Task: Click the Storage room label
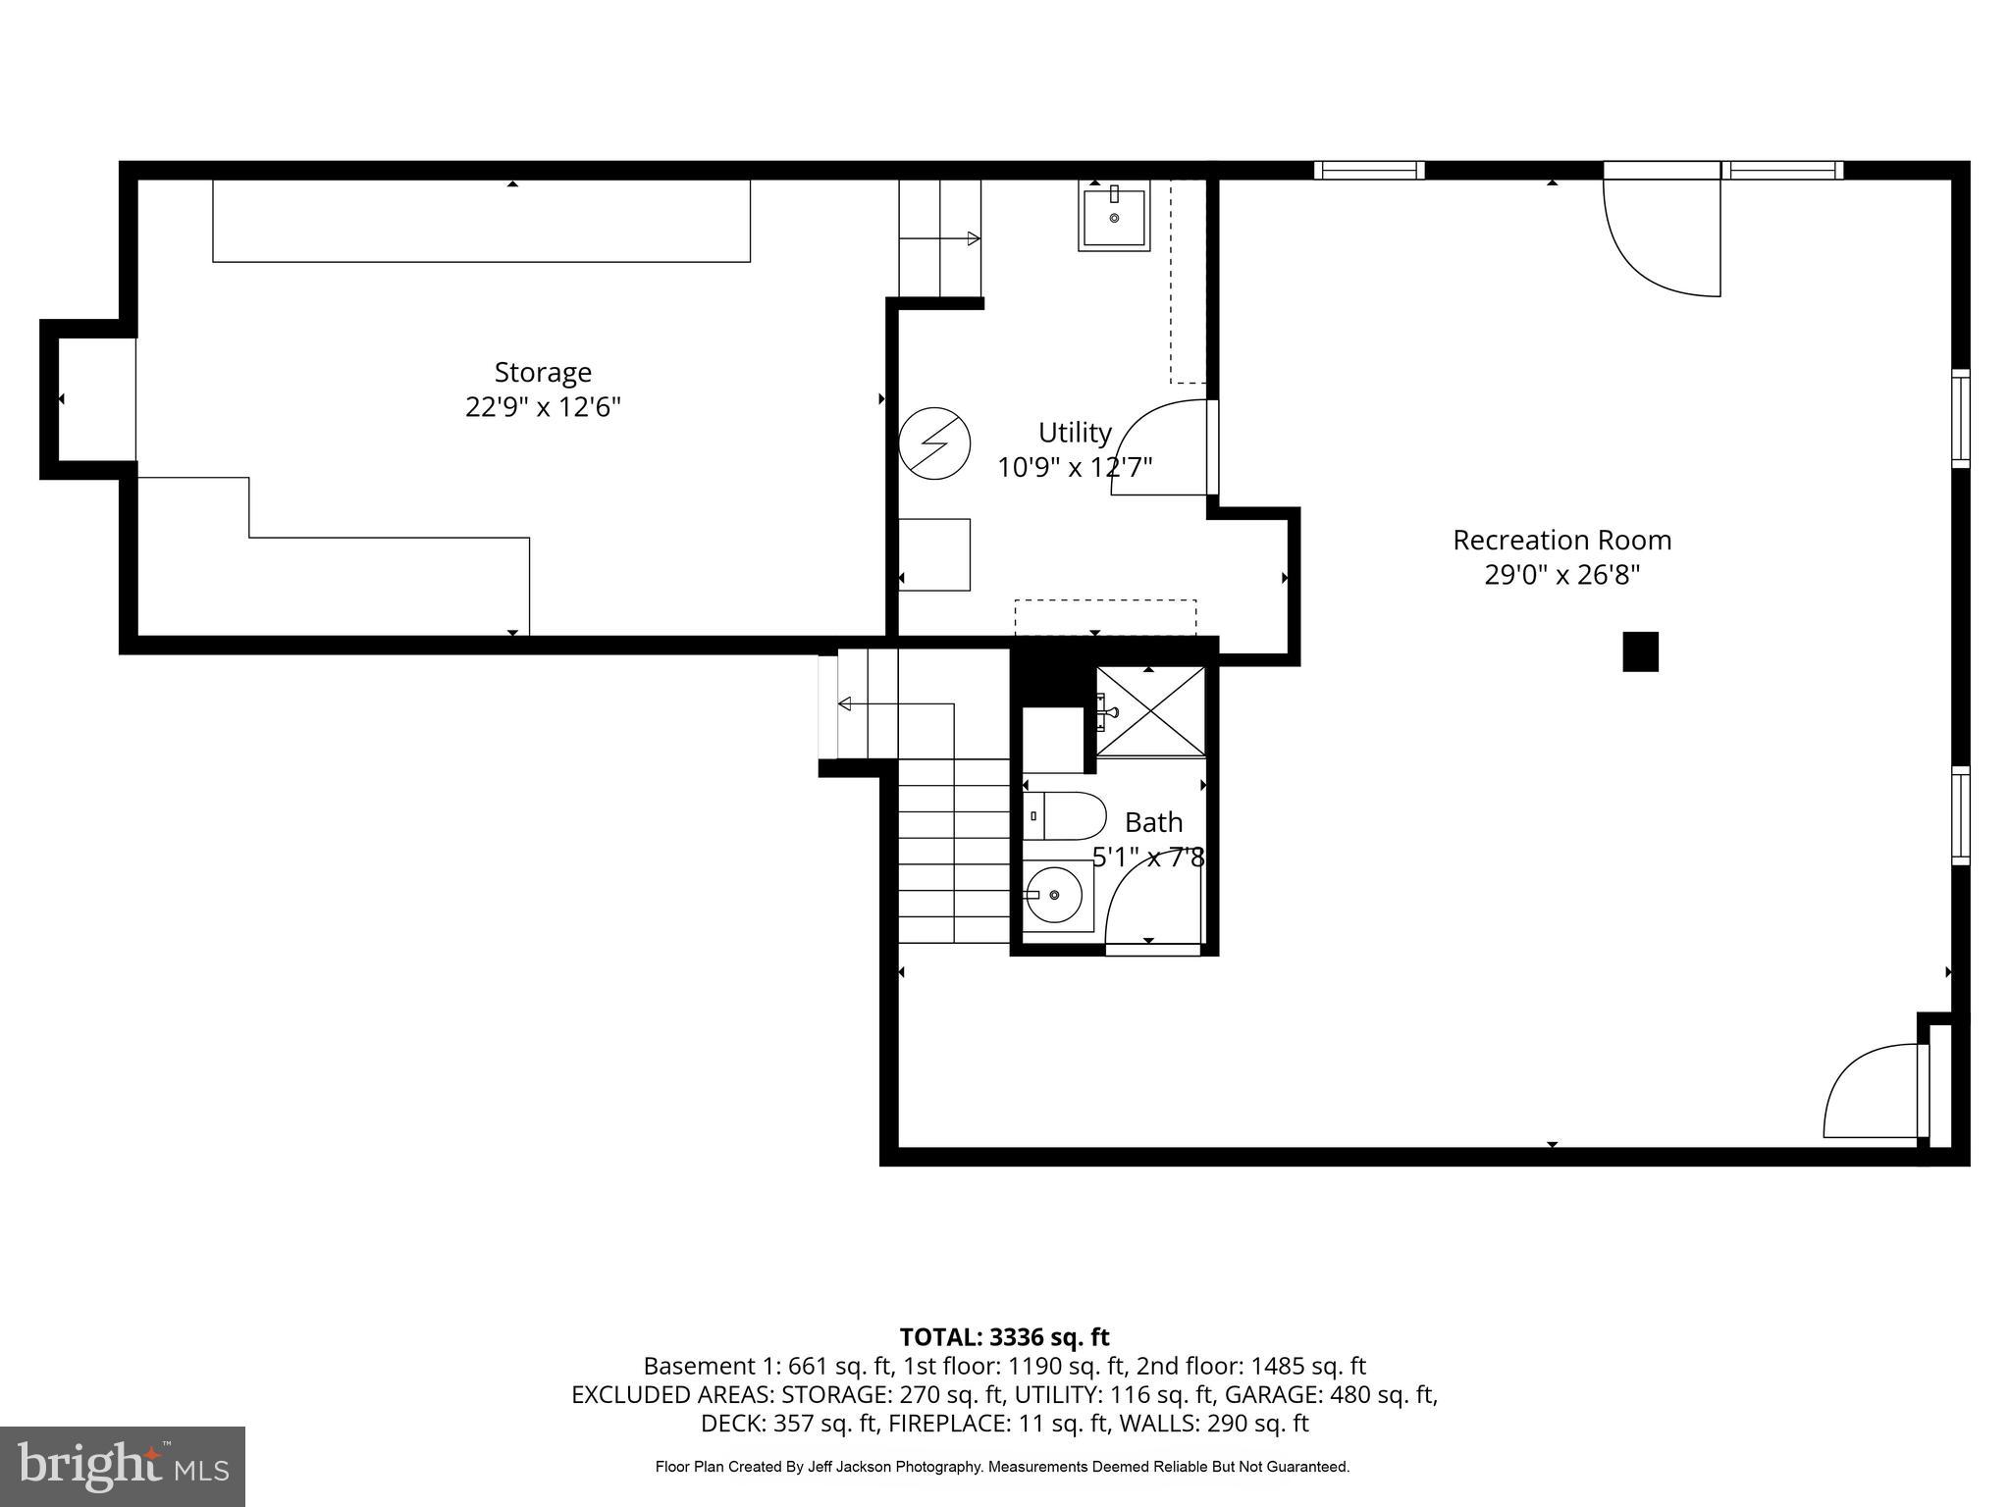[x=543, y=373]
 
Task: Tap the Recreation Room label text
[x=1561, y=541]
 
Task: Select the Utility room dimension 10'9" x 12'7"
[x=1075, y=468]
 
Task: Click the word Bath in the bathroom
[x=1153, y=822]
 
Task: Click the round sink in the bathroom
[x=1054, y=895]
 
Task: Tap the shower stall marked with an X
[x=1150, y=711]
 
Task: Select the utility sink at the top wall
[x=1114, y=218]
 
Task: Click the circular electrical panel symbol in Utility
[x=934, y=443]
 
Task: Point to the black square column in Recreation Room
[x=1640, y=651]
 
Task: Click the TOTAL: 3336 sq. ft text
[x=1004, y=1337]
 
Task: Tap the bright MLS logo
[x=123, y=1466]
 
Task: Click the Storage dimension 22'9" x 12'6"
[x=543, y=407]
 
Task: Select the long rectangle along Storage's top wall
[x=481, y=221]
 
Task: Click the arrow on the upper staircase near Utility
[x=972, y=238]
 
